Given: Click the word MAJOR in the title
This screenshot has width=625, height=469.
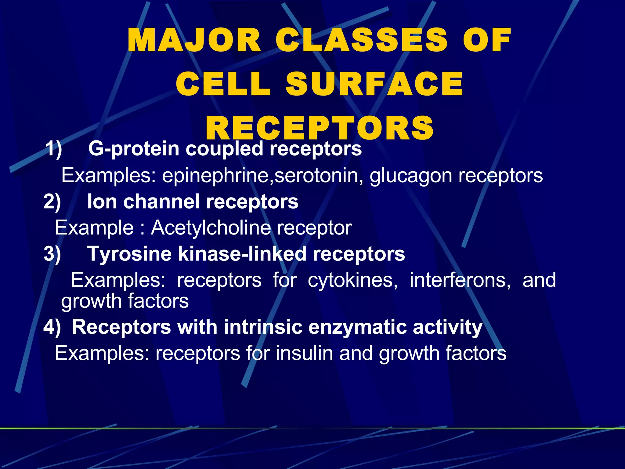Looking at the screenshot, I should (194, 41).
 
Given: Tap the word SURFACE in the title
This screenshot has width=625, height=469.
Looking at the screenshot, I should (374, 84).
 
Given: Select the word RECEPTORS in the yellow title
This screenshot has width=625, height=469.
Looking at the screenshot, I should (320, 128).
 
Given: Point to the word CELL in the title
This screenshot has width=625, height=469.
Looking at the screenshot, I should (223, 84).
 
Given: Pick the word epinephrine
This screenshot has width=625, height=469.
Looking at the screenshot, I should (217, 176).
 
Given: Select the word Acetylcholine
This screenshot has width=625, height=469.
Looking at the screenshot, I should (211, 228).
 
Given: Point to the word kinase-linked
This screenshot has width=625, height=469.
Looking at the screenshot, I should (242, 254).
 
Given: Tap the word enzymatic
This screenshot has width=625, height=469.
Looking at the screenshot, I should (357, 327).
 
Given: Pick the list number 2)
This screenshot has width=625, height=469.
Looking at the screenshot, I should (52, 202).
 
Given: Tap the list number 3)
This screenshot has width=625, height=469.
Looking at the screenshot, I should (52, 254).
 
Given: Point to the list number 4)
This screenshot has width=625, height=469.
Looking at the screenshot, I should (52, 327).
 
